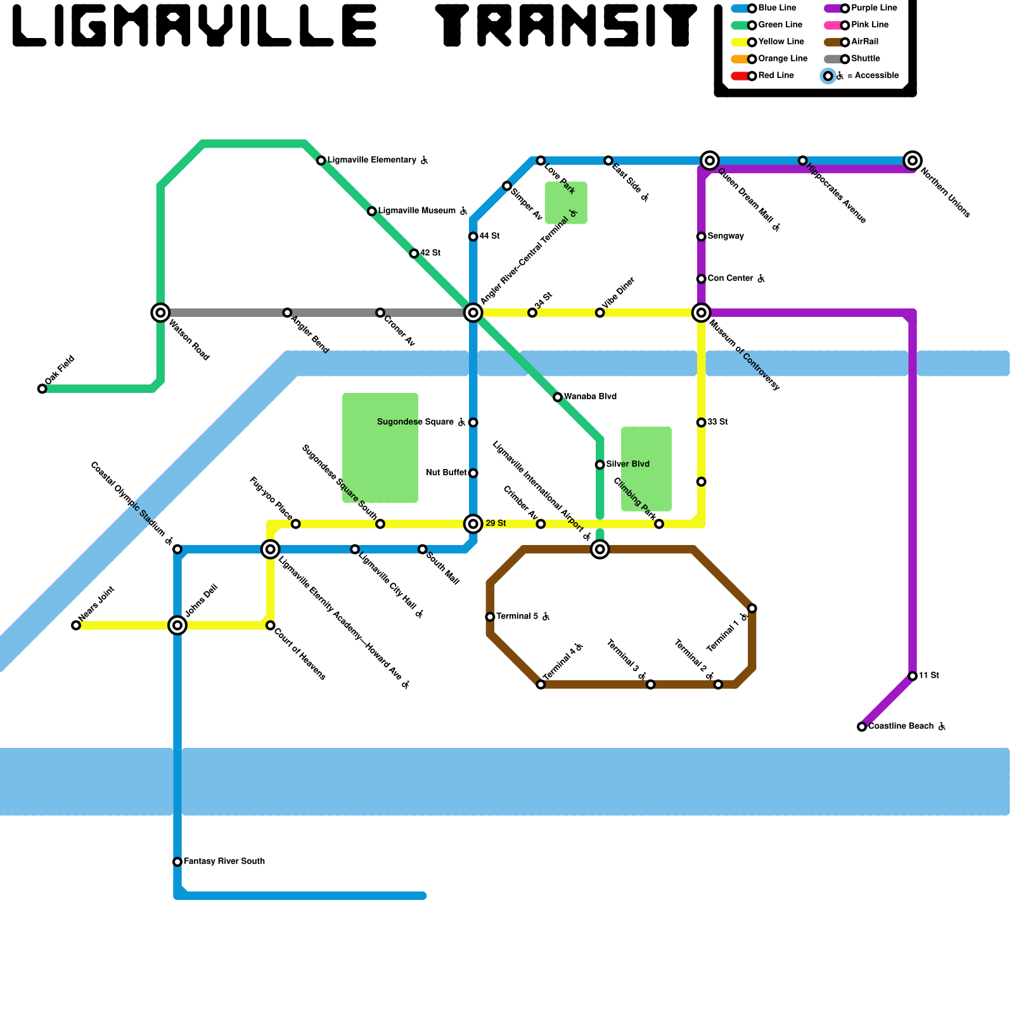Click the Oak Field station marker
(x=42, y=388)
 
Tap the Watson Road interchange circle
(x=160, y=312)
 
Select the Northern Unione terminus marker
(x=912, y=160)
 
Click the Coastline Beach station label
(x=901, y=726)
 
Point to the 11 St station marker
(x=912, y=676)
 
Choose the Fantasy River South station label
(x=224, y=861)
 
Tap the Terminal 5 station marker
(x=490, y=617)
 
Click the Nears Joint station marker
(x=76, y=626)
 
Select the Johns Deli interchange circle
(x=177, y=626)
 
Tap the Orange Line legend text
(x=783, y=59)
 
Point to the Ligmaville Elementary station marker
(x=321, y=160)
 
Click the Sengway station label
(x=726, y=236)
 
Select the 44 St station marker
(x=473, y=236)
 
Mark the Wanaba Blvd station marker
(x=558, y=397)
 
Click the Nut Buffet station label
(x=446, y=473)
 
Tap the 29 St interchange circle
(x=473, y=524)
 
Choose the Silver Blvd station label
(x=627, y=465)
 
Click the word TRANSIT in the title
(x=566, y=25)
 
